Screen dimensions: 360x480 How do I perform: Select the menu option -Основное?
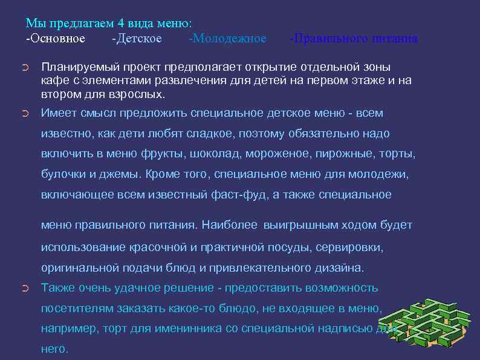pos(56,39)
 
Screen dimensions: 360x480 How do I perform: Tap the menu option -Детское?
pos(137,39)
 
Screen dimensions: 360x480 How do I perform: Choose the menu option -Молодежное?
pos(227,39)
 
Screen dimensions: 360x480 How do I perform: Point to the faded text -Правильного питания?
pos(353,39)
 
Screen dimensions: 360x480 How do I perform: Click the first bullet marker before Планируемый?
pos(24,67)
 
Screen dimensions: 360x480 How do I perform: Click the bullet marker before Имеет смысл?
pos(24,113)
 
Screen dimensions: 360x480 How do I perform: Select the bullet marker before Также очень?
pos(24,288)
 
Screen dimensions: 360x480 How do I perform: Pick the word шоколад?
pos(183,154)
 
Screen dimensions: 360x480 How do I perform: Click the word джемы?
pos(121,174)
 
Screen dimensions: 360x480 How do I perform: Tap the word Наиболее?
pos(230,225)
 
